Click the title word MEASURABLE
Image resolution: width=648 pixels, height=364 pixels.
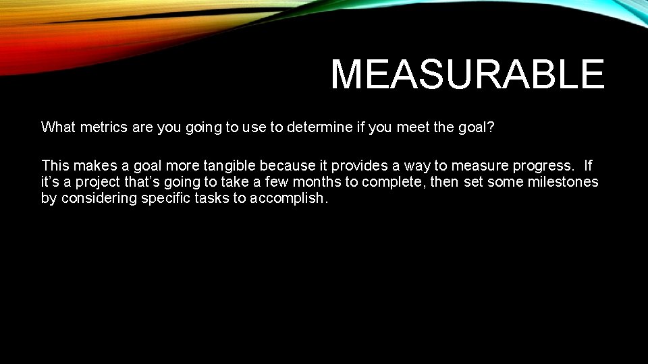point(467,74)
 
